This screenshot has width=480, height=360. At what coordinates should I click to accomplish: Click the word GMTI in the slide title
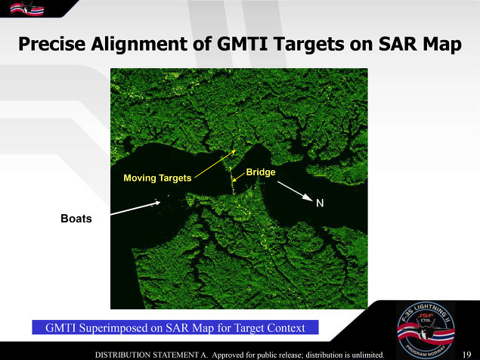(x=242, y=44)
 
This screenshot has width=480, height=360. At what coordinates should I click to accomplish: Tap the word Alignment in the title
(x=139, y=45)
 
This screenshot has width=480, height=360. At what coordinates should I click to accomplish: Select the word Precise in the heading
(x=51, y=44)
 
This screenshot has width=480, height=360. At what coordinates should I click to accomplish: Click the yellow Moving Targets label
(x=157, y=178)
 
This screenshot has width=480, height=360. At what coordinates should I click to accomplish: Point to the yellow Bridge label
(x=261, y=172)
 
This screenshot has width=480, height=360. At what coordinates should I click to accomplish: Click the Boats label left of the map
(x=76, y=219)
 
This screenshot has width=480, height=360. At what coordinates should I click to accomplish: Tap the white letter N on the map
(x=320, y=203)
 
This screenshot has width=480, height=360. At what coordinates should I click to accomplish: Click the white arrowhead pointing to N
(x=308, y=197)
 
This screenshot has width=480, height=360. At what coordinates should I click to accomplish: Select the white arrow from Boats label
(x=135, y=208)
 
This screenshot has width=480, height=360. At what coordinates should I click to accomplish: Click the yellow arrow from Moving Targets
(x=215, y=164)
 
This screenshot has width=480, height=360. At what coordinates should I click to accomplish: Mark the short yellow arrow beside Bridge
(x=238, y=178)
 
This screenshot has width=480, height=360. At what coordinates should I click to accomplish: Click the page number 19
(x=467, y=355)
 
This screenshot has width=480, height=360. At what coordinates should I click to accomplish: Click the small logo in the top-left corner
(x=27, y=8)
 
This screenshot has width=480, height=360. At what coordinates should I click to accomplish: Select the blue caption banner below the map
(x=175, y=327)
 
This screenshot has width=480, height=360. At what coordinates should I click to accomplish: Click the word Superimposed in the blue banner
(x=121, y=328)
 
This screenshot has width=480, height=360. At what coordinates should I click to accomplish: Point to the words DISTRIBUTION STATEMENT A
(x=151, y=355)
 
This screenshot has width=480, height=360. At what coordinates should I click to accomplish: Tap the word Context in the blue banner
(x=286, y=327)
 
